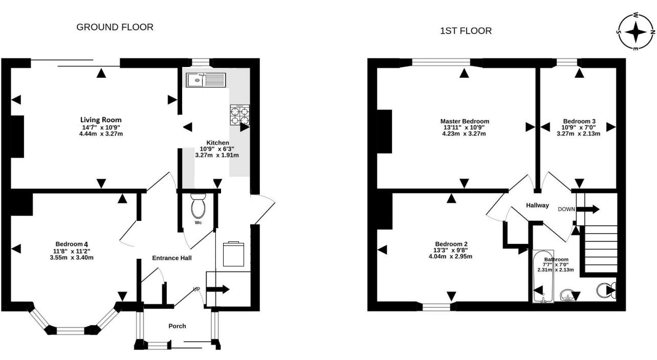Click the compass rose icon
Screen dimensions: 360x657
[636, 32]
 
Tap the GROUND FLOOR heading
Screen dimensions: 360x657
[115, 27]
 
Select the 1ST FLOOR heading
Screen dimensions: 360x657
[466, 31]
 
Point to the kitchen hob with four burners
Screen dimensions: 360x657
[239, 115]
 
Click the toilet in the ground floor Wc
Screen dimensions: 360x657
[198, 206]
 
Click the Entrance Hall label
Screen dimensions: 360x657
[172, 258]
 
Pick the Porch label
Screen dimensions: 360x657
[177, 326]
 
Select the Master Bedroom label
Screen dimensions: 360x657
[465, 121]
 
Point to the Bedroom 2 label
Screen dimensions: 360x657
[451, 244]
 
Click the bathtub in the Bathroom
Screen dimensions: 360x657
[542, 277]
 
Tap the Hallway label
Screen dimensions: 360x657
[537, 205]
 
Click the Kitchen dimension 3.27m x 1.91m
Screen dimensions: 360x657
[217, 155]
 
